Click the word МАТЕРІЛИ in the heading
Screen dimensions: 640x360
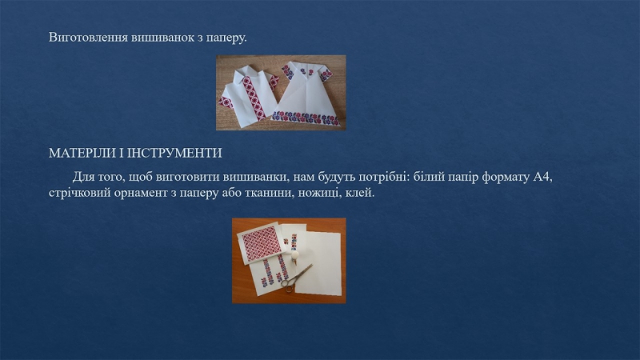pos(82,153)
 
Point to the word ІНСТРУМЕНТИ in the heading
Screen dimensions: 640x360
pos(174,153)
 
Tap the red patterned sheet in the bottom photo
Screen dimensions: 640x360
pos(259,244)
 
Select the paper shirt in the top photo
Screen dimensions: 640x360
pos(249,93)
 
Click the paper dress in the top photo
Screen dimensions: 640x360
pos(306,94)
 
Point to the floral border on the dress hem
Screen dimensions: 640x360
pos(306,118)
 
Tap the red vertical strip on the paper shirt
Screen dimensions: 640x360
pos(254,98)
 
